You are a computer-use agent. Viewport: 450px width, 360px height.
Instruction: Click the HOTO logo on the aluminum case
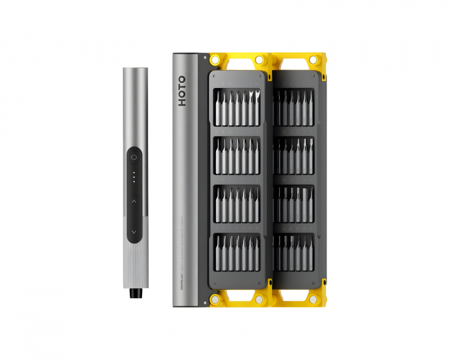coord(182,90)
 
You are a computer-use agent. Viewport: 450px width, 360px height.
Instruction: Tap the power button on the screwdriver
coord(134,156)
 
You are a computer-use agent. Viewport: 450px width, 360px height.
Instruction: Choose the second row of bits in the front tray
coord(237,156)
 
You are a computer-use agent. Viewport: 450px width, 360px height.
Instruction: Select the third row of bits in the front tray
coord(237,204)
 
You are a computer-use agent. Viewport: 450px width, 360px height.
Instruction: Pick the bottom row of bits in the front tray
coord(237,253)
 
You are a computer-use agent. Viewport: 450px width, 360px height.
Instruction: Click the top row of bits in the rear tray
coord(294,107)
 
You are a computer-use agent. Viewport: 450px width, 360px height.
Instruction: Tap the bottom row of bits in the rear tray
coord(294,253)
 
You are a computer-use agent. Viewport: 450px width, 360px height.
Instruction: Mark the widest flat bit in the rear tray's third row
coord(305,204)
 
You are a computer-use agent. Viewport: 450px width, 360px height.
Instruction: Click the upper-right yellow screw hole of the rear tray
coord(313,60)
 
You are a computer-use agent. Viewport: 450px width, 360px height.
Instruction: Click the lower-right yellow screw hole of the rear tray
coord(313,300)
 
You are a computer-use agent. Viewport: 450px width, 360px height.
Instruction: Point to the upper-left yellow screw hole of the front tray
coord(214,60)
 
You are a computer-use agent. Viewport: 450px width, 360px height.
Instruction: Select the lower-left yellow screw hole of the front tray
coord(214,300)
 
